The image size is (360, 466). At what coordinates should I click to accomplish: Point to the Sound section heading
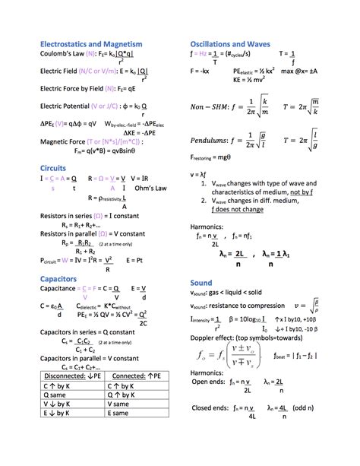pyautogui.click(x=201, y=282)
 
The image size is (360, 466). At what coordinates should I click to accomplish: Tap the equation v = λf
pyautogui.click(x=199, y=174)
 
